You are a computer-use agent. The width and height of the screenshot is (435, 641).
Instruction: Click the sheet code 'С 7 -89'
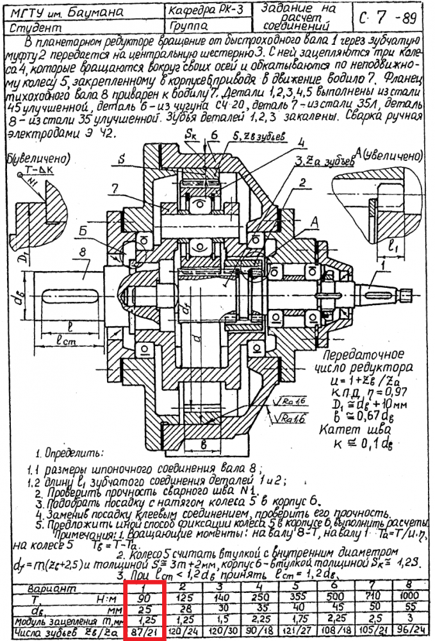point(390,18)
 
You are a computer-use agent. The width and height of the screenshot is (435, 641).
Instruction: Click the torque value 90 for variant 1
point(146,597)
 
